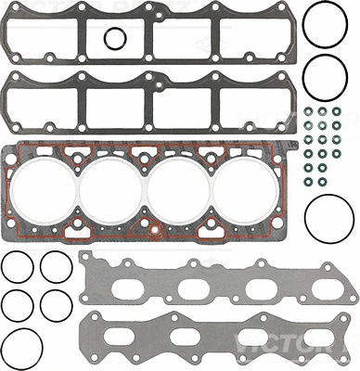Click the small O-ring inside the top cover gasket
114,38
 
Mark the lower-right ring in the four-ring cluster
57,303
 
